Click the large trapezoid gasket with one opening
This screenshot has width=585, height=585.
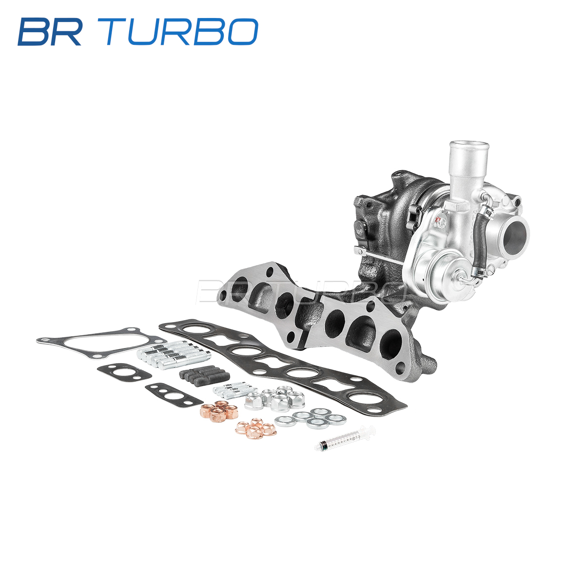pyautogui.click(x=102, y=343)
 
